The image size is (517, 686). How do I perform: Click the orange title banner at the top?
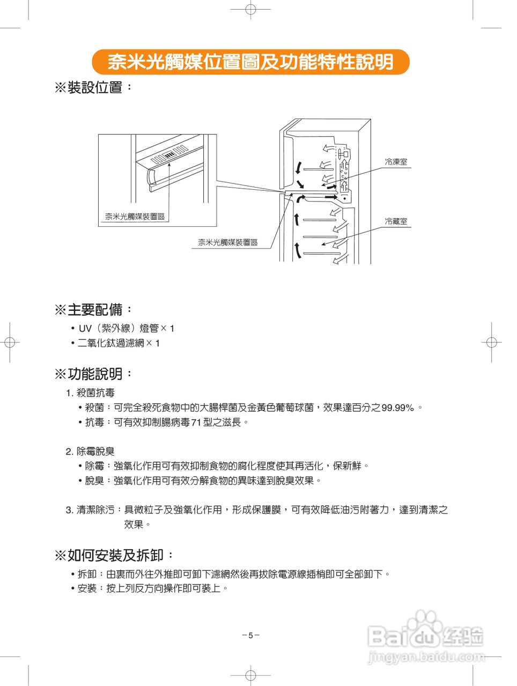250,62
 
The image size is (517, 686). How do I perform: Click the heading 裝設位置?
94,87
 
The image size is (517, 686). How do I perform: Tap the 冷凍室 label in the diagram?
396,162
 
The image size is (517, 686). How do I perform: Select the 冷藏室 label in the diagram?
396,221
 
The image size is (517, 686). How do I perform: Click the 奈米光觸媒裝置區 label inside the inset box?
135,217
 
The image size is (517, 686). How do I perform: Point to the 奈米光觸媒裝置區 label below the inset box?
228,242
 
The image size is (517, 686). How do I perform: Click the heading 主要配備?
94,310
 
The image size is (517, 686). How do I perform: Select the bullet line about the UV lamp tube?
126,328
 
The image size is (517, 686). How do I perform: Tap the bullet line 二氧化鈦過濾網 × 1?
119,343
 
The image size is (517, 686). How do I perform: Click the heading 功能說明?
94,374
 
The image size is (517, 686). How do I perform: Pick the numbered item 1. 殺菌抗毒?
90,393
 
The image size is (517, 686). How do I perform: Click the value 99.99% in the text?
397,408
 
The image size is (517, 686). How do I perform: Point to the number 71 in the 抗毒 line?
196,423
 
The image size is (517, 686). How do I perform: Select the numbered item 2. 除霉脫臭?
90,451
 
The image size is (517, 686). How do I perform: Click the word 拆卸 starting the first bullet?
87,574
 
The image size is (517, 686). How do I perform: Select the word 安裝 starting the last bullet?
87,588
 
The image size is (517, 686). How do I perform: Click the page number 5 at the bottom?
250,636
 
